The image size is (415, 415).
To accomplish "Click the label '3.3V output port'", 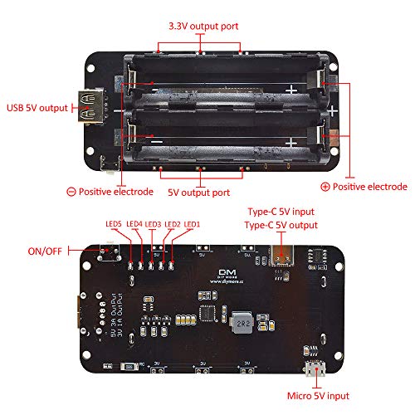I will (x=203, y=27).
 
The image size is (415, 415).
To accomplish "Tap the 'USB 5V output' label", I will (x=38, y=106).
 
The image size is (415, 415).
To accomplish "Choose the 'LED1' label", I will (x=192, y=224).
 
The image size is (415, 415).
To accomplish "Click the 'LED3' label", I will (x=153, y=224).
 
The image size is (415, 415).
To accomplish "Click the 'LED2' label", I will (x=173, y=224).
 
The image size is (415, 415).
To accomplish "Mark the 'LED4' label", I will (x=134, y=224).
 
